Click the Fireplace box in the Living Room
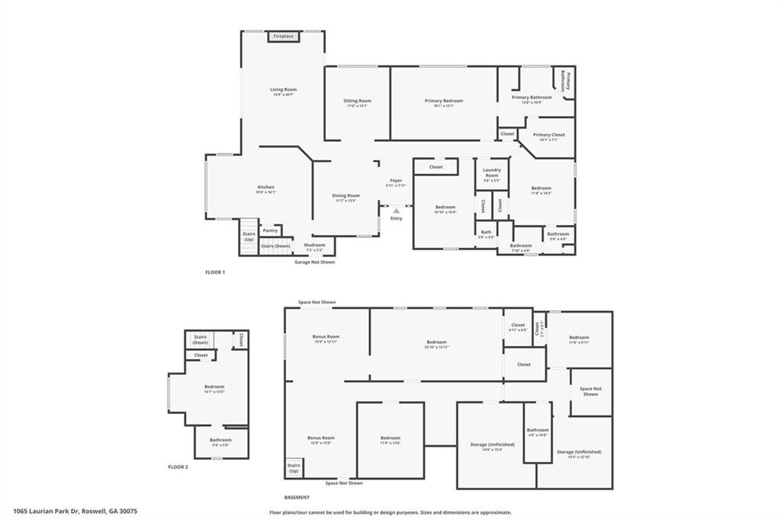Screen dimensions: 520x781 coord(283,37)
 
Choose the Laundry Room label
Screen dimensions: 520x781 coord(491,175)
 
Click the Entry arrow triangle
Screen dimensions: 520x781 coord(396,211)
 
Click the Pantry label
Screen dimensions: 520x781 coord(270,230)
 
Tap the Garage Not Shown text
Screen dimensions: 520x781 coord(314,262)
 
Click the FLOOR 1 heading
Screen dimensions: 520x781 coord(215,271)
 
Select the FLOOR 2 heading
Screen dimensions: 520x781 coord(178,467)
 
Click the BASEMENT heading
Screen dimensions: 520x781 coord(297,497)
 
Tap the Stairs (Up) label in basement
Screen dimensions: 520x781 coord(294,467)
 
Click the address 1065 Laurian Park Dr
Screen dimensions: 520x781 coord(75,512)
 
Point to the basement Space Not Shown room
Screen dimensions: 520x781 coord(590,391)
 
